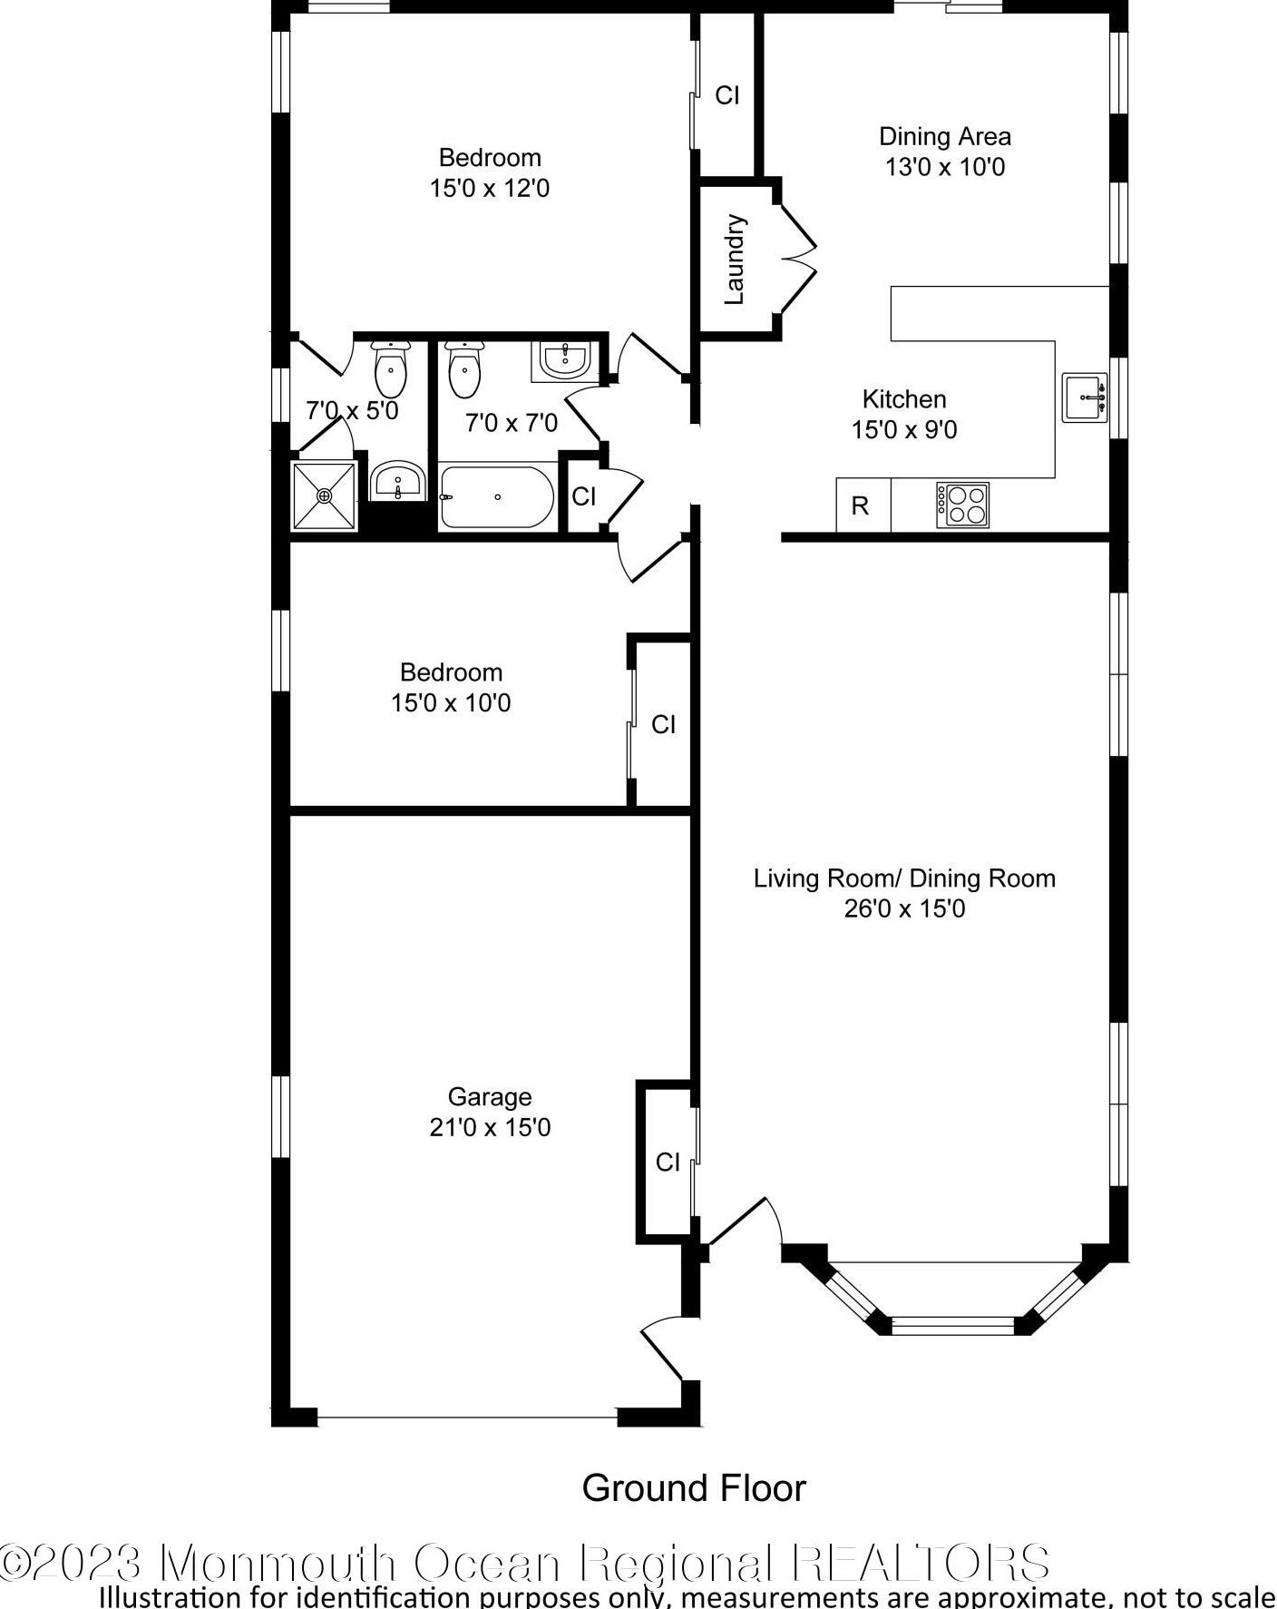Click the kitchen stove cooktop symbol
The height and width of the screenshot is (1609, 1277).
[x=962, y=505]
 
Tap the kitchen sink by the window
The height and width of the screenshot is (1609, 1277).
[x=1085, y=397]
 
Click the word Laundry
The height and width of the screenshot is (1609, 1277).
[x=735, y=259]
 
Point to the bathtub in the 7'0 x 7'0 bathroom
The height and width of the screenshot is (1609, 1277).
[x=497, y=497]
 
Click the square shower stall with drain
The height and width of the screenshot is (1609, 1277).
[x=325, y=495]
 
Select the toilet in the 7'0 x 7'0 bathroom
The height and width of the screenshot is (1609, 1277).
[x=464, y=369]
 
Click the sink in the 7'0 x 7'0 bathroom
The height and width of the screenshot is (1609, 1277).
[x=565, y=360]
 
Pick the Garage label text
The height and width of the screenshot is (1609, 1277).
[x=490, y=1097]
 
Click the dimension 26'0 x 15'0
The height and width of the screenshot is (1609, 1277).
[x=904, y=908]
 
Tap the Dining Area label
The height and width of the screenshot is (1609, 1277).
[x=945, y=136]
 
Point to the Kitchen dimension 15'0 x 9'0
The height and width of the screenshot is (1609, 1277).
[x=904, y=429]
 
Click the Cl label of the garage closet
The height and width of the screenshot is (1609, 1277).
[x=668, y=1162]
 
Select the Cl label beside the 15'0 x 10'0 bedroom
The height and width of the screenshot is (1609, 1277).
[x=663, y=724]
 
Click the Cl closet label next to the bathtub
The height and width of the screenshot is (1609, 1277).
[x=584, y=496]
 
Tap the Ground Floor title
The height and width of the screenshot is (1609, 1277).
[x=694, y=1488]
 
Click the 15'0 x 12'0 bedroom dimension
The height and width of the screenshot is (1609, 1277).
[x=490, y=188]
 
